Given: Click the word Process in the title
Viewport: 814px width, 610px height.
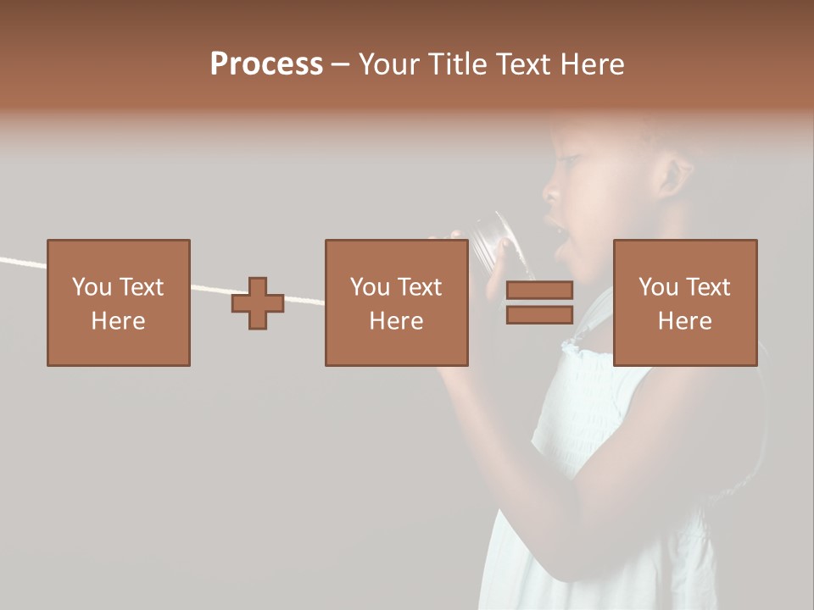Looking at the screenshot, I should click(x=266, y=64).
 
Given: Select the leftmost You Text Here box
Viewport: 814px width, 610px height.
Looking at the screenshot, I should click(x=119, y=302).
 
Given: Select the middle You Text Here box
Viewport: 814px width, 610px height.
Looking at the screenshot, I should click(x=396, y=302).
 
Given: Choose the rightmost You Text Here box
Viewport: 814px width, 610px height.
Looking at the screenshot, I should click(x=685, y=302).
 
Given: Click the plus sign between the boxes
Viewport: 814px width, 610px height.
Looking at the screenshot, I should click(x=258, y=303).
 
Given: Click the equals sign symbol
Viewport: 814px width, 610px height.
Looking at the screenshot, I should click(x=539, y=302).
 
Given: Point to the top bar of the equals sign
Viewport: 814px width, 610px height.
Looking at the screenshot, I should click(x=539, y=291).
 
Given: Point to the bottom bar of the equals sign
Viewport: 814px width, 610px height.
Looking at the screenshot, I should click(x=539, y=315).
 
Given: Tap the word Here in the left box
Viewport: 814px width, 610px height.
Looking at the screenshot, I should click(x=119, y=321).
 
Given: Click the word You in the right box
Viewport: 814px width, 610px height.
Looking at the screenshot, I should click(x=657, y=287).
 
